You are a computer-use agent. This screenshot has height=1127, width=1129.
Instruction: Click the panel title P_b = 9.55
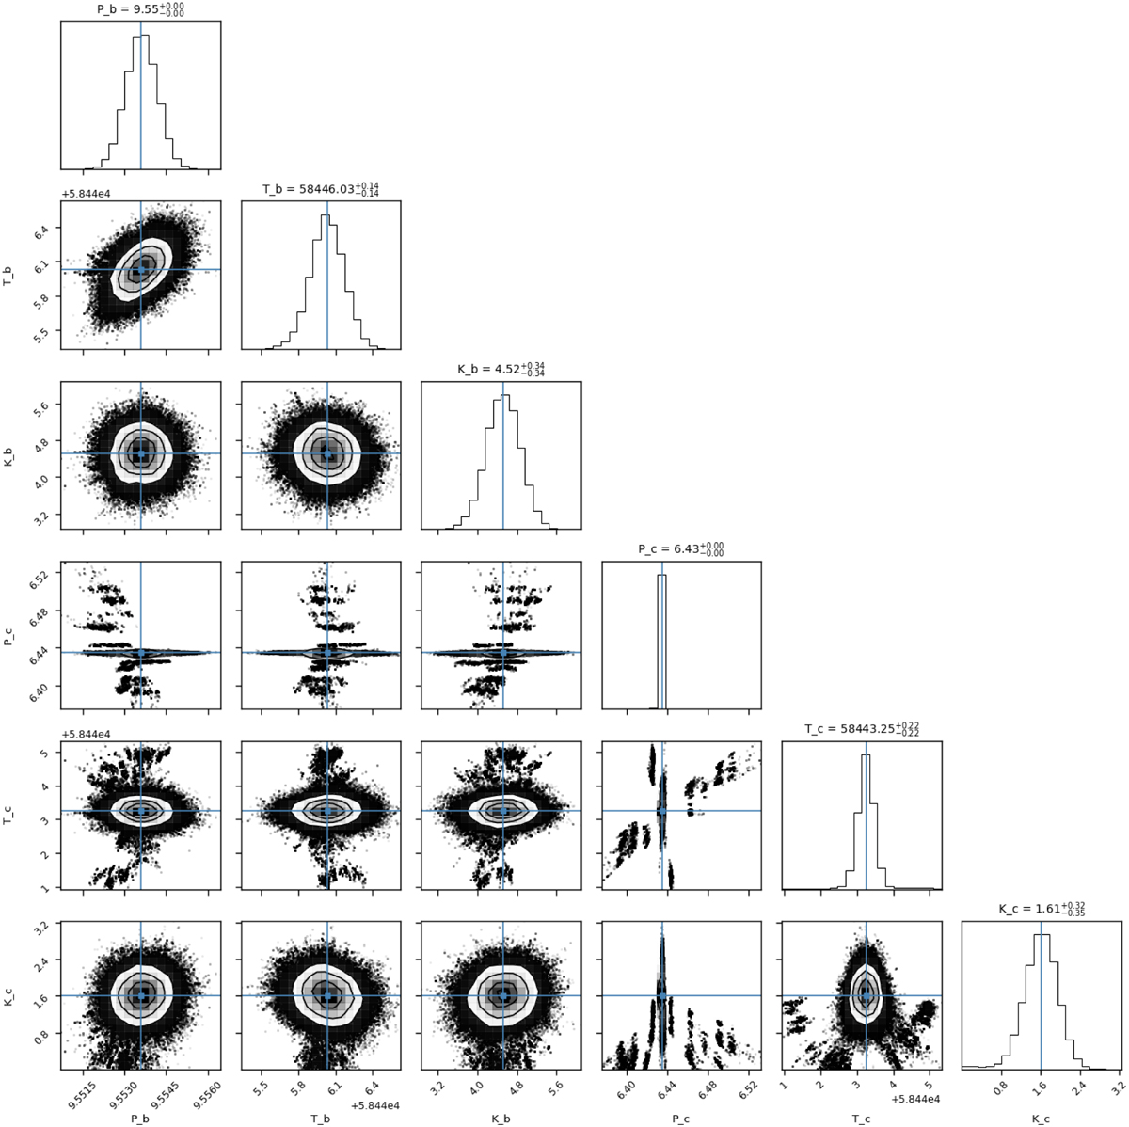(x=140, y=9)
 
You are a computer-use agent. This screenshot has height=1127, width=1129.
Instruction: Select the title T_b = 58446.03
(x=321, y=189)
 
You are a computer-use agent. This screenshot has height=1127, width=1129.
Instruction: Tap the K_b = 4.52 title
(x=501, y=369)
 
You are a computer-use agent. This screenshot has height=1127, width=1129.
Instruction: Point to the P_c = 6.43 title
(x=681, y=549)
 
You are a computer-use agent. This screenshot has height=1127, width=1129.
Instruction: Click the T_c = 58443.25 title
(x=861, y=729)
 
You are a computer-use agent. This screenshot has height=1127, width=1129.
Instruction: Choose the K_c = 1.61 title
(x=1042, y=909)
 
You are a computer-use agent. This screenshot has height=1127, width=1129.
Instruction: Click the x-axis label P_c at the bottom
(x=681, y=1119)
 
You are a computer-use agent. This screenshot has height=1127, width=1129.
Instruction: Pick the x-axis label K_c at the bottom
(x=1042, y=1119)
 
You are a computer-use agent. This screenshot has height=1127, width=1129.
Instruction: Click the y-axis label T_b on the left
(x=8, y=275)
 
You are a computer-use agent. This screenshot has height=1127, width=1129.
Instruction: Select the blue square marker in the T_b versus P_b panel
(x=140, y=270)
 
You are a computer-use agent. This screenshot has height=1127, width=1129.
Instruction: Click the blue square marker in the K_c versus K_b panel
(x=502, y=995)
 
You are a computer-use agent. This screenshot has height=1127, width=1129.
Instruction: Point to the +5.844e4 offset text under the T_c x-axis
(x=915, y=1100)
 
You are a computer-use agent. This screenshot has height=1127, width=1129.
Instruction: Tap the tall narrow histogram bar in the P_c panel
(x=662, y=642)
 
